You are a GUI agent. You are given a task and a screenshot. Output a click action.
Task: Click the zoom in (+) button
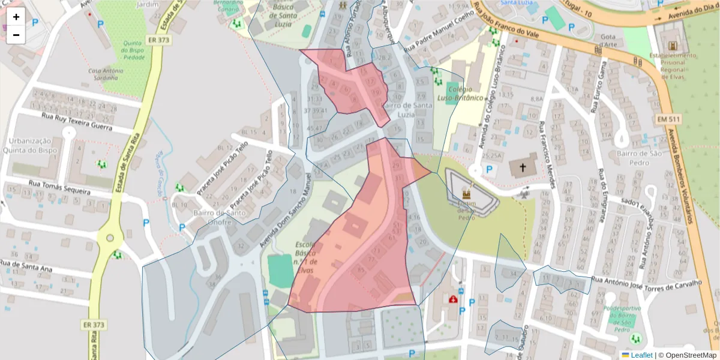[16, 17]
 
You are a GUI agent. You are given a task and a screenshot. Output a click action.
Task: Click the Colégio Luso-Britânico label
[460, 93]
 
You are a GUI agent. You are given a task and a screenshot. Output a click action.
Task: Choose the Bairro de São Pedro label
[641, 158]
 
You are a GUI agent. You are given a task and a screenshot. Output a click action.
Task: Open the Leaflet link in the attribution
[640, 355]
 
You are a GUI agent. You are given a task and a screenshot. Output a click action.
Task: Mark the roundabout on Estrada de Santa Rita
[110, 238]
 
